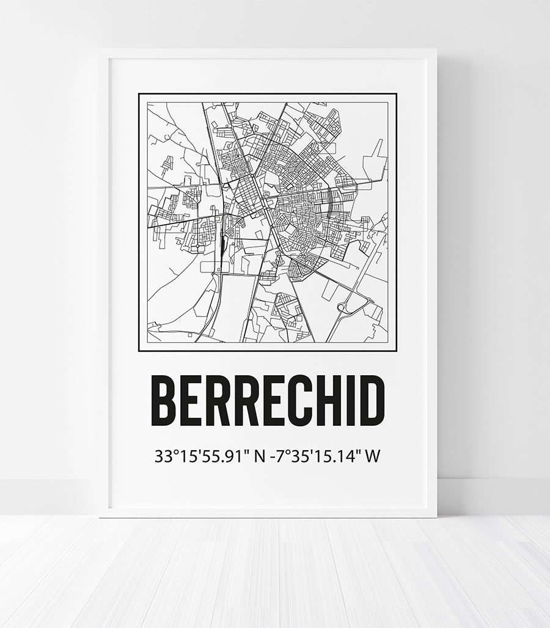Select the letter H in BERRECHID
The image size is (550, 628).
pos(318,401)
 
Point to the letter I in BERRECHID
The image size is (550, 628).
pos(342,401)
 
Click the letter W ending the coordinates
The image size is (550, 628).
pos(371,456)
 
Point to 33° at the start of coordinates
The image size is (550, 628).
pos(166,456)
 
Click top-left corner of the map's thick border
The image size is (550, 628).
pos(139,94)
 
